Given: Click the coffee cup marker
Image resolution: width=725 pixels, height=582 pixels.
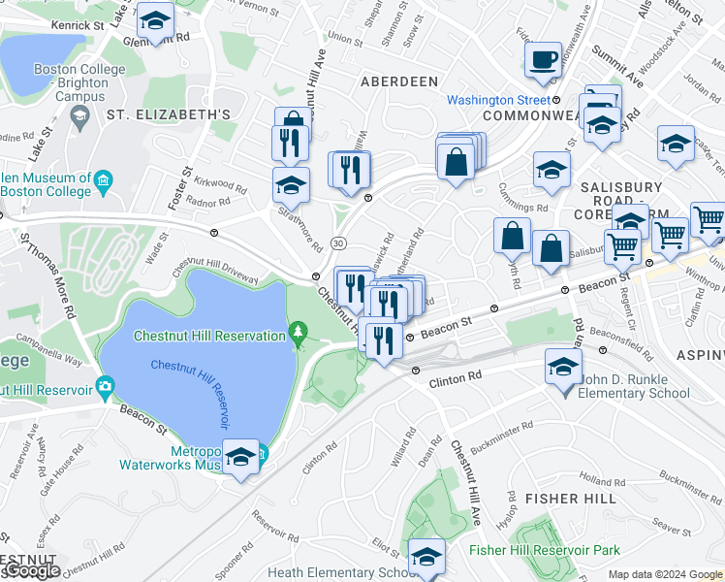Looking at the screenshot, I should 544,59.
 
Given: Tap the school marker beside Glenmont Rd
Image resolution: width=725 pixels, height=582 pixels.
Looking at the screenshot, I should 154,20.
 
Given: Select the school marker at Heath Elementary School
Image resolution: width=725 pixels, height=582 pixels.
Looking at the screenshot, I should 425,557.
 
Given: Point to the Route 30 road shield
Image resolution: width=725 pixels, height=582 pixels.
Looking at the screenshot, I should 336,242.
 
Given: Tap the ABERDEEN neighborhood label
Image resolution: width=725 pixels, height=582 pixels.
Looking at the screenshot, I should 399,81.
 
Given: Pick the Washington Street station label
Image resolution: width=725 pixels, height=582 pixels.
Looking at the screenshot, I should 498,100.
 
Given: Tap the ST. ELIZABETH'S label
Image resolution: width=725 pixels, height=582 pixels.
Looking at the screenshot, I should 168,114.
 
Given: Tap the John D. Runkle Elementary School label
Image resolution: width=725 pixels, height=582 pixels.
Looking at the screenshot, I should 634,386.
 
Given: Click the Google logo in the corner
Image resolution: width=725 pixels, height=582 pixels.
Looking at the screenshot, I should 31,571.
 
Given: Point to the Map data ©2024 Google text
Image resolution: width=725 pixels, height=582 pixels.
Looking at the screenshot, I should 664,574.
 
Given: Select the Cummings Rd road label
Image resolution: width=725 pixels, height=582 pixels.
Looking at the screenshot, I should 523,206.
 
